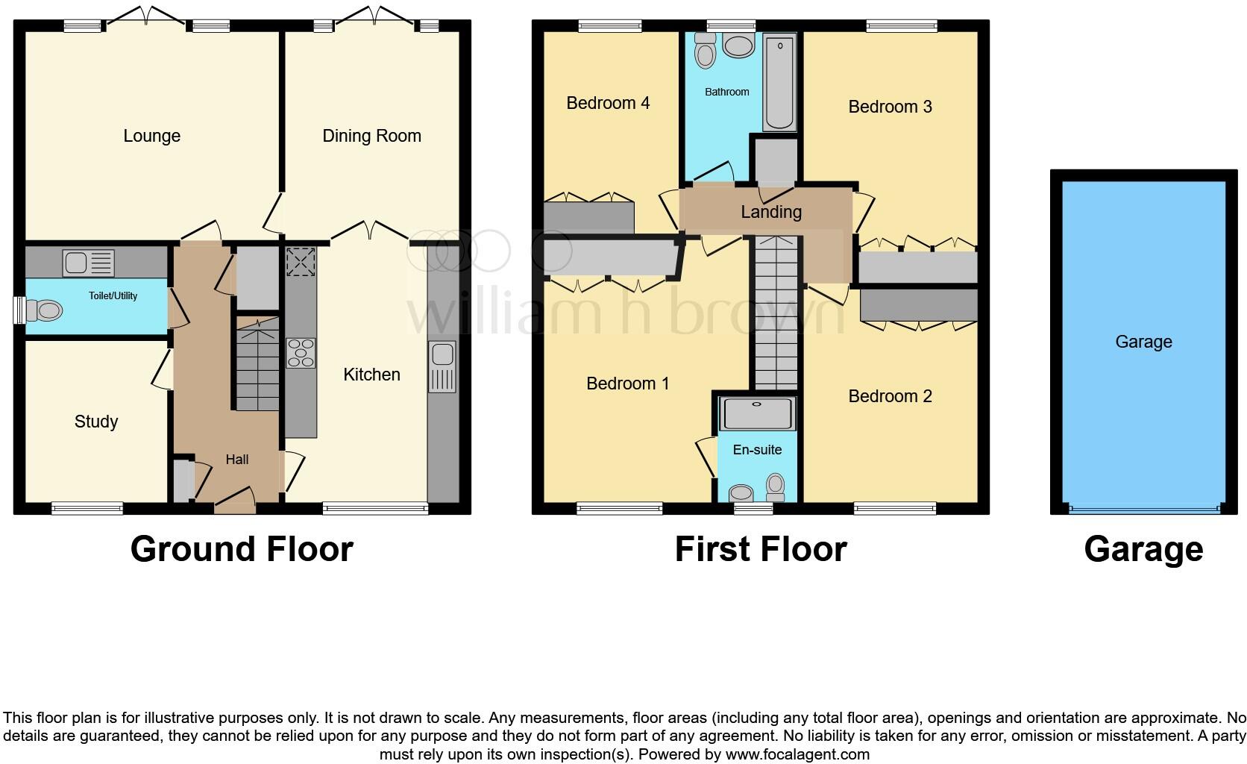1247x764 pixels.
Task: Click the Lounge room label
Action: [x=151, y=136]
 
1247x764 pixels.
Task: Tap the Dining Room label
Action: [x=371, y=136]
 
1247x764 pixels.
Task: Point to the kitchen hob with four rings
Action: [x=301, y=354]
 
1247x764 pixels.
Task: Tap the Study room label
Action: [x=96, y=422]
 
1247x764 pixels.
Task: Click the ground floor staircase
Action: [x=257, y=366]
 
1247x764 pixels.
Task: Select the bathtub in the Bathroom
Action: [x=779, y=84]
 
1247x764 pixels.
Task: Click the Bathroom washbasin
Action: [x=738, y=46]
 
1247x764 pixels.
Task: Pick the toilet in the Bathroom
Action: [x=705, y=51]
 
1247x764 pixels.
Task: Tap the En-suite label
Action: [x=757, y=450]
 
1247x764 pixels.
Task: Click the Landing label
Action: [x=771, y=212]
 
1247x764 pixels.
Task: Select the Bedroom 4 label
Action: [x=608, y=103]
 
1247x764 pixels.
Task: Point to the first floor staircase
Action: [x=776, y=313]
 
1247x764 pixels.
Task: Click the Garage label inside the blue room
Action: [x=1143, y=342]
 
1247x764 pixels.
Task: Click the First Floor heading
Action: [x=761, y=550]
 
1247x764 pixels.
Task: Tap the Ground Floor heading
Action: [x=242, y=550]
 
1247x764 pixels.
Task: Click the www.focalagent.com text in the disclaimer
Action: [x=797, y=754]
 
